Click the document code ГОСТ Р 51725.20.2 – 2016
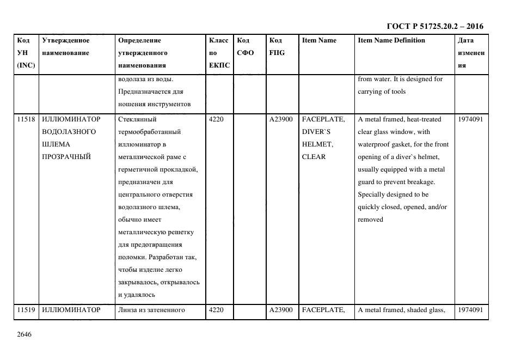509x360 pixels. (x=434, y=26)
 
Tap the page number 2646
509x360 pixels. (x=24, y=334)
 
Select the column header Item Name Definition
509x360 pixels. (x=391, y=40)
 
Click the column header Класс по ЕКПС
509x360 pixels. (x=219, y=53)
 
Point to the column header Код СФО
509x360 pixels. (x=246, y=46)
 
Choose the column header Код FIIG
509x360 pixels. (x=277, y=46)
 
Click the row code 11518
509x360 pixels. (x=26, y=119)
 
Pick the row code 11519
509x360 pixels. (x=26, y=310)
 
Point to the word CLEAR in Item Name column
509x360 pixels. (x=314, y=157)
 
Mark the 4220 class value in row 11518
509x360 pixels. (x=216, y=119)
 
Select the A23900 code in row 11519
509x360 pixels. (x=281, y=310)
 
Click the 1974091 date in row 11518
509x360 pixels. (x=470, y=119)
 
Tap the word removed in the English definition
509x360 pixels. (x=370, y=219)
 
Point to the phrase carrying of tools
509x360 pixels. (x=382, y=91)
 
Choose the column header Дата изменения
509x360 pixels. (x=470, y=53)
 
